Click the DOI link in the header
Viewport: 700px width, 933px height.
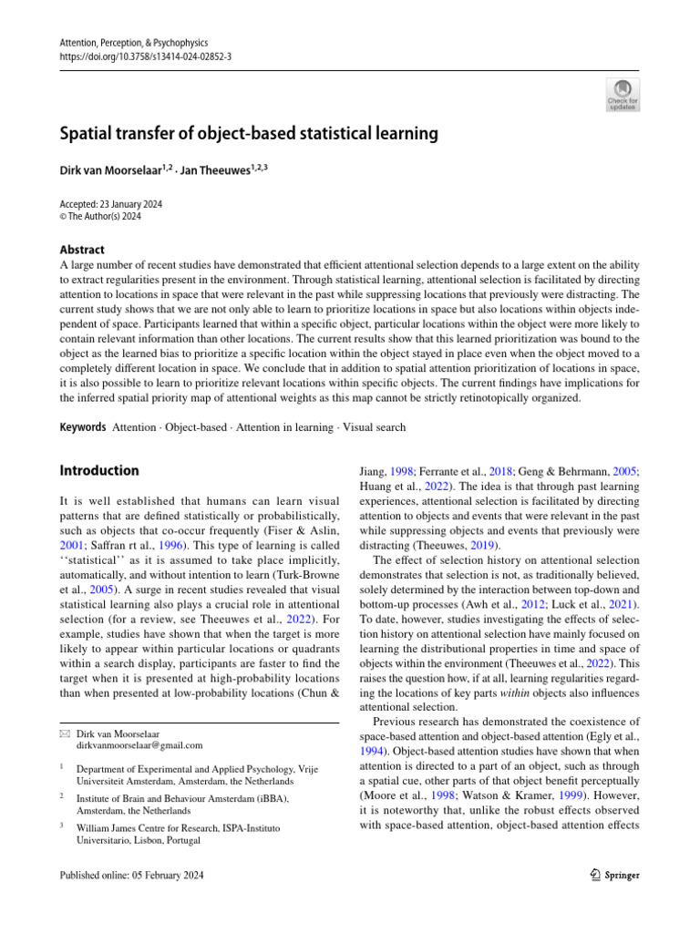(145, 56)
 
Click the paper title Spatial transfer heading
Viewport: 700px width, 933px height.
(249, 134)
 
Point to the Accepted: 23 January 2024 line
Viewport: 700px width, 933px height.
(111, 204)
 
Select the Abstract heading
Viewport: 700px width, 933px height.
(81, 250)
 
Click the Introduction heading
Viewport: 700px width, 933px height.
(99, 471)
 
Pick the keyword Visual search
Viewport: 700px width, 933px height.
(375, 426)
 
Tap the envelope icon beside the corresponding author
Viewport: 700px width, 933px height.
(63, 707)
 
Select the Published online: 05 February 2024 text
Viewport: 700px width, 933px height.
(131, 875)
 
